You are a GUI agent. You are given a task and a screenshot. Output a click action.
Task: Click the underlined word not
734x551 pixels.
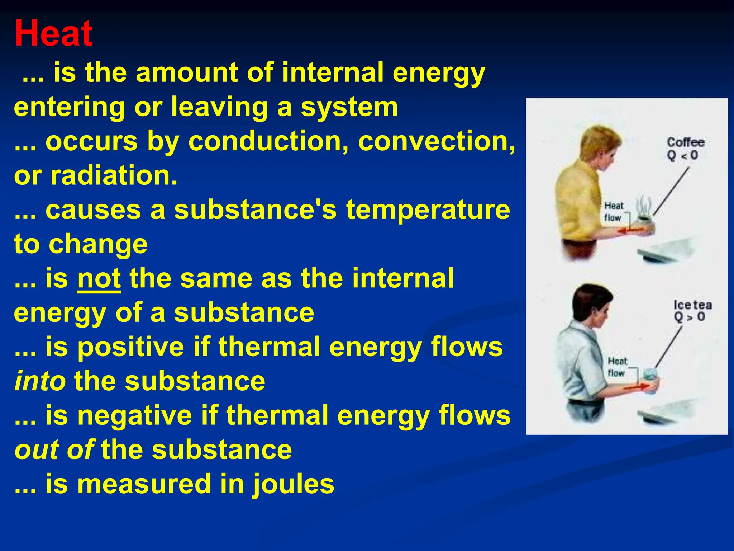[99, 278]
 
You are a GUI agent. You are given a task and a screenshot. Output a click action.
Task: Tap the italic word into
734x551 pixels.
[40, 381]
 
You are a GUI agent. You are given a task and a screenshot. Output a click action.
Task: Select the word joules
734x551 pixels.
[293, 484]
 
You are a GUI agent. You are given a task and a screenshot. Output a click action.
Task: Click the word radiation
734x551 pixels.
[114, 175]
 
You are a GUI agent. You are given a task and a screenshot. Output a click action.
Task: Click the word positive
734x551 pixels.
[131, 347]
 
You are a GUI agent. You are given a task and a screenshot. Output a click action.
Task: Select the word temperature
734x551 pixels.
[428, 210]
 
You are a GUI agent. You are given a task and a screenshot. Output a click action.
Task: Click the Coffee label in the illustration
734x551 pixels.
[685, 142]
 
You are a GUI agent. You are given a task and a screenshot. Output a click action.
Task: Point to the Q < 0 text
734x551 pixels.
[682, 156]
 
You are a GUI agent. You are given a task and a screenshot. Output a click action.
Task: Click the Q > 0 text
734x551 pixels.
[689, 317]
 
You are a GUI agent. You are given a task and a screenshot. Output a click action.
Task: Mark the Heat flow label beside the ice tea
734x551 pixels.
[617, 367]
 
